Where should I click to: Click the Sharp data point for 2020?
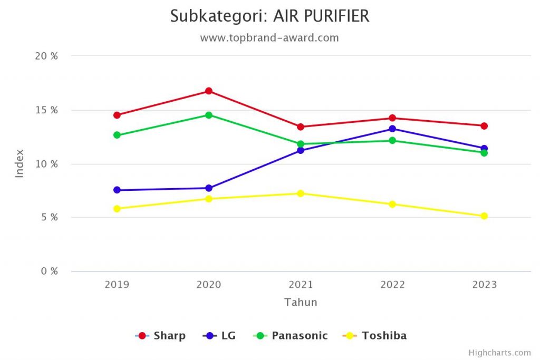[209, 91]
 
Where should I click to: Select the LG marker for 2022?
[392, 129]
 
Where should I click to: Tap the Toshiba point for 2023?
[484, 216]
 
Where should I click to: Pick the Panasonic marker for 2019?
[117, 135]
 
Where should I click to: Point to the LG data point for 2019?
[117, 190]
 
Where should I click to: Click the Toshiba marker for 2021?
[301, 193]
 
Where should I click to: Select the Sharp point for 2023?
[484, 126]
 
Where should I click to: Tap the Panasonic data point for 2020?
[209, 115]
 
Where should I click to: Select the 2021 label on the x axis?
[301, 285]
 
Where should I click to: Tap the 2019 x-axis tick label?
[117, 285]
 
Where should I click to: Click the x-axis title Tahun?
[301, 303]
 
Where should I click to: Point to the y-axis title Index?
[20, 163]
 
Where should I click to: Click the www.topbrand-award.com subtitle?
[269, 38]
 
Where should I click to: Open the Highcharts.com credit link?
[499, 353]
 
